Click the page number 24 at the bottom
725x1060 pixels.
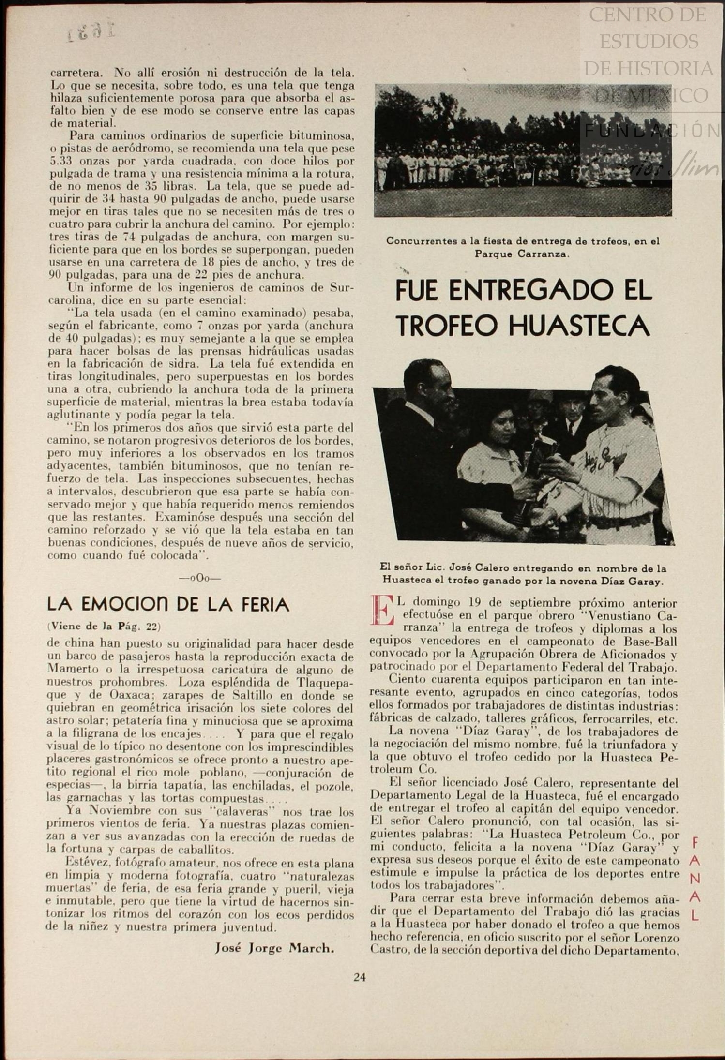[359, 977]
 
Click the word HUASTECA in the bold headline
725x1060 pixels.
[578, 325]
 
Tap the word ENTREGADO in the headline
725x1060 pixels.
[529, 290]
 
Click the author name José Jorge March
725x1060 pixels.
[274, 948]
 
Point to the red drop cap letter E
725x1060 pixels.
[380, 611]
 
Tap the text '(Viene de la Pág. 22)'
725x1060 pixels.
[104, 627]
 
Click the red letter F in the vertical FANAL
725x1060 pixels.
[695, 842]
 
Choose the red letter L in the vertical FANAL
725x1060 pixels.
[695, 915]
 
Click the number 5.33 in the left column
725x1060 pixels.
[62, 161]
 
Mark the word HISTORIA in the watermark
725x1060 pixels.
[649, 68]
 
